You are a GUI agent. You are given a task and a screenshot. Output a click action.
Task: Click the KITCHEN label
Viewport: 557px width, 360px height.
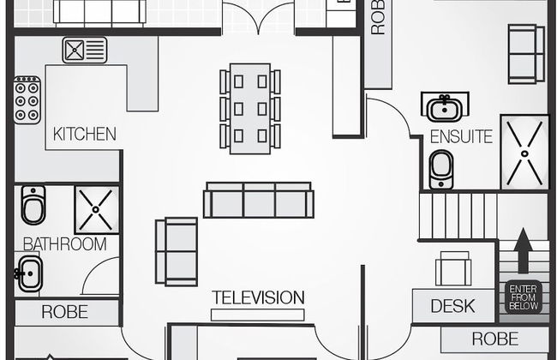click(84, 135)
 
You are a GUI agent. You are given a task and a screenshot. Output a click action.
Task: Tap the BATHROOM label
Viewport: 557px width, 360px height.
click(64, 244)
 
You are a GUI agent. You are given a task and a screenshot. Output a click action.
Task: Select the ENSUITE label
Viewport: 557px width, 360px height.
click(461, 136)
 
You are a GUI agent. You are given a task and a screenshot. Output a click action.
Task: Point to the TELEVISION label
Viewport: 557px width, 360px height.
click(258, 298)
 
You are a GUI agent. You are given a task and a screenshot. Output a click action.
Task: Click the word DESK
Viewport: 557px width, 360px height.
click(452, 306)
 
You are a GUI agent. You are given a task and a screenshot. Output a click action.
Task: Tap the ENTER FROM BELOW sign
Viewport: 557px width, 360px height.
click(523, 297)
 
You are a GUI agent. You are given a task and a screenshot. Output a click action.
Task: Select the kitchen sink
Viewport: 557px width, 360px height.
click(84, 49)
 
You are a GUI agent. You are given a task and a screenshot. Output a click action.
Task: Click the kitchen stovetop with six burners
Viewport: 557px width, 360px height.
click(27, 99)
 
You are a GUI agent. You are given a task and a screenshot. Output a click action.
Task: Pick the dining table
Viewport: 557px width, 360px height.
click(250, 107)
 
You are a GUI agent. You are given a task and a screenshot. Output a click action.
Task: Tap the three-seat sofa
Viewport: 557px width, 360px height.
click(259, 200)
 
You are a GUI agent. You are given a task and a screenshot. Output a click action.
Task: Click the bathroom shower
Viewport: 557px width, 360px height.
click(96, 209)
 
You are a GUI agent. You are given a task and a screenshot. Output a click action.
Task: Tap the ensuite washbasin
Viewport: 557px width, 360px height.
click(444, 108)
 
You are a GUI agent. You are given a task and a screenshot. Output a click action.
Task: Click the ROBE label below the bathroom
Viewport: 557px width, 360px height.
click(64, 312)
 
